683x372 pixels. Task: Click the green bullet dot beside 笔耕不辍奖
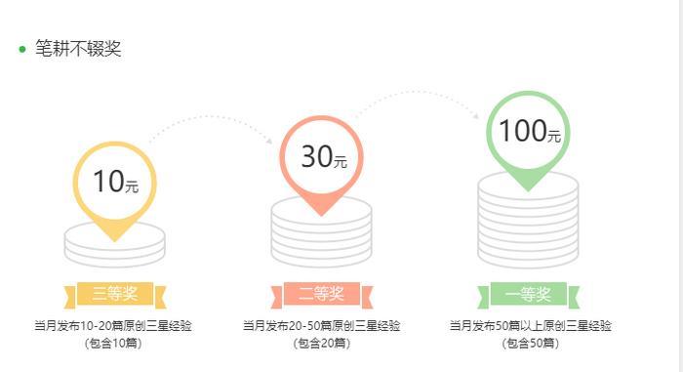(x=22, y=50)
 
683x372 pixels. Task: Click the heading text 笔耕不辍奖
(x=78, y=49)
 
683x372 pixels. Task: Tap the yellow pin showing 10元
(x=115, y=183)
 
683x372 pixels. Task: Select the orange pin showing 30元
(x=321, y=157)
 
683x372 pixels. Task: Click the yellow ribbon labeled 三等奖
(x=115, y=293)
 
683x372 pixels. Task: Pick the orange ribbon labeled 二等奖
(x=321, y=293)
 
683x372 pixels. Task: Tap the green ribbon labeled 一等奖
(x=529, y=294)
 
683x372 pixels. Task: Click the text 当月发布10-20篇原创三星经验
(x=113, y=326)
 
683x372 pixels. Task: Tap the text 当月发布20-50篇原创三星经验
(x=321, y=326)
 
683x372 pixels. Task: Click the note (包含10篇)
(x=113, y=343)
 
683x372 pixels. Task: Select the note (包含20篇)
(x=321, y=343)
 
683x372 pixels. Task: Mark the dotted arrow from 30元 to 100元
(x=420, y=94)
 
